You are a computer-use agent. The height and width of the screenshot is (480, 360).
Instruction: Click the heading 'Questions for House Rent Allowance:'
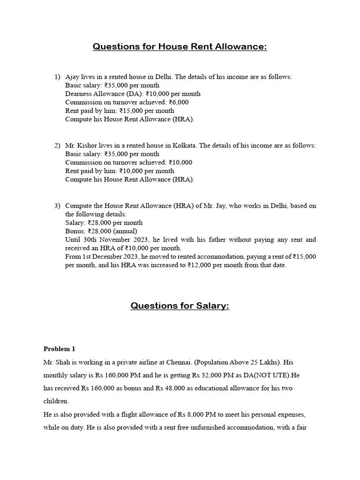point(180,46)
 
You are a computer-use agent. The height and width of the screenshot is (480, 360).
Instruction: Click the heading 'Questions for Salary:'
point(180,306)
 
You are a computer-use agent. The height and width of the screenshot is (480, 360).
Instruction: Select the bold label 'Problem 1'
point(59,349)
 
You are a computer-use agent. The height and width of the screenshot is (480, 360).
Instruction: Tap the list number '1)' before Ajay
point(57,77)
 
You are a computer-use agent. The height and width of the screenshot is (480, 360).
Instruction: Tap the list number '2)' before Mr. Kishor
point(57,145)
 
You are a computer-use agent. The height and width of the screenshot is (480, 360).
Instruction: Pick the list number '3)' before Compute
point(57,205)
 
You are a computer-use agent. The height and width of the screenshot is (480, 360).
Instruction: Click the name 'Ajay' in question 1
point(73,77)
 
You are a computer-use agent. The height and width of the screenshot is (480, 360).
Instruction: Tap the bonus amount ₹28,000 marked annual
point(97,231)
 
